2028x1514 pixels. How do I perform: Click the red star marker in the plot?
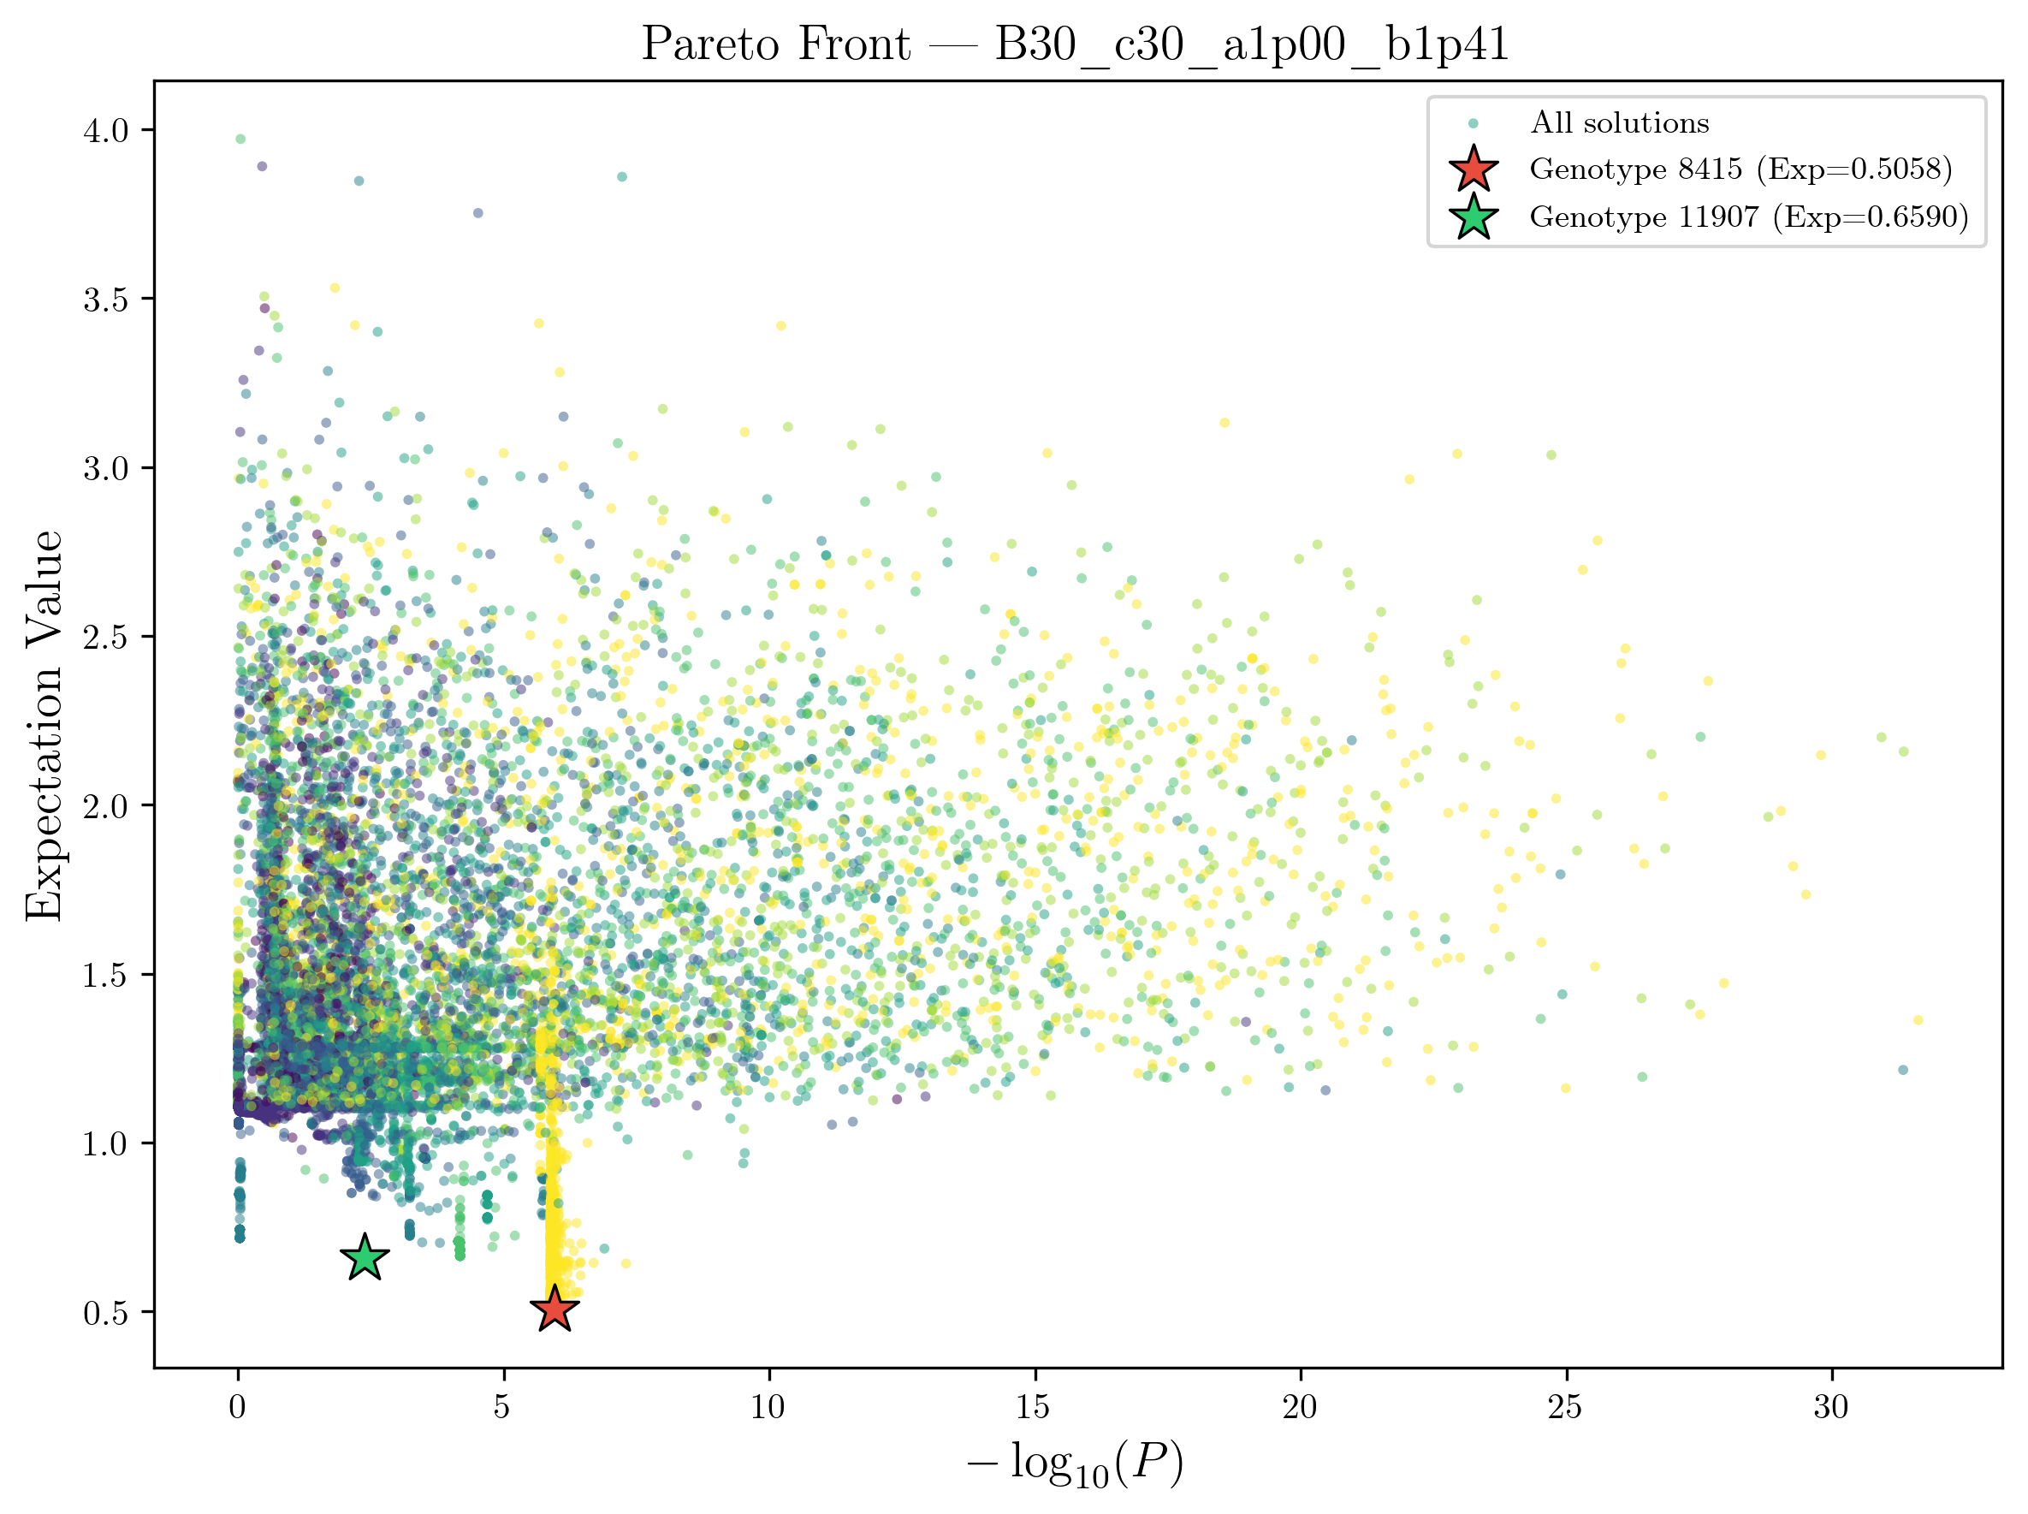click(554, 1309)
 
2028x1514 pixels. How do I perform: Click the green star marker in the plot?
click(365, 1257)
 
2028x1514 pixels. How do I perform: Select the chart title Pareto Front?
click(1075, 44)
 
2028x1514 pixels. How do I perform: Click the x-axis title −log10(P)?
click(1075, 1464)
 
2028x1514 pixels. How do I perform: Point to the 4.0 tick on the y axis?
click(106, 131)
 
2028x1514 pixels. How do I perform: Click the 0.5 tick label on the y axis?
click(106, 1313)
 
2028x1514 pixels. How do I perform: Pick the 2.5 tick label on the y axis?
click(106, 638)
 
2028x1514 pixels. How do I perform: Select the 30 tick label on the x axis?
click(1831, 1407)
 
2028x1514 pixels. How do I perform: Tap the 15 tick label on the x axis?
click(1034, 1407)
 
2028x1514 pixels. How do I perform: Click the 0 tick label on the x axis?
click(237, 1407)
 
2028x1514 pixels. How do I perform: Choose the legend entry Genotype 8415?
click(1740, 169)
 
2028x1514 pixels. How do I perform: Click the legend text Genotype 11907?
click(1748, 217)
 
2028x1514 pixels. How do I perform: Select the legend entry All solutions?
click(1619, 122)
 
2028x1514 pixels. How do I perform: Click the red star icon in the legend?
click(1474, 169)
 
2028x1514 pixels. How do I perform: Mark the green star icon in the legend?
click(1474, 217)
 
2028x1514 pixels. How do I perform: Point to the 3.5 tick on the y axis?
click(106, 300)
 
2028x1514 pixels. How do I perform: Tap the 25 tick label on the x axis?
click(1565, 1407)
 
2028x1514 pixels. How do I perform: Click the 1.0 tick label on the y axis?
click(106, 1144)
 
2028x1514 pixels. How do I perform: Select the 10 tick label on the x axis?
click(768, 1407)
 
